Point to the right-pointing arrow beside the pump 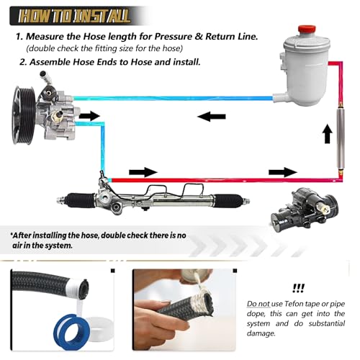[x=89, y=115]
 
